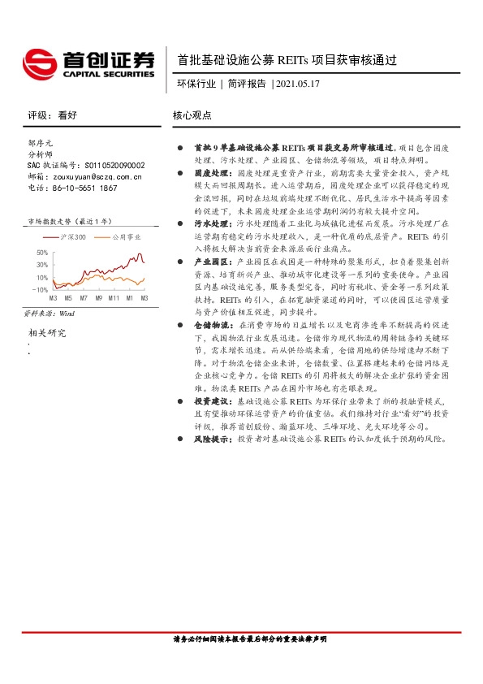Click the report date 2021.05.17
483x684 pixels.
(x=299, y=83)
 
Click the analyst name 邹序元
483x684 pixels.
(x=41, y=142)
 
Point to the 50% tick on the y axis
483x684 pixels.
(x=41, y=253)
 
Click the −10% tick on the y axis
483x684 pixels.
(x=40, y=289)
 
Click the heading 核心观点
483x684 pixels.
(x=192, y=116)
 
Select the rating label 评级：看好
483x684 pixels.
(x=52, y=116)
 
